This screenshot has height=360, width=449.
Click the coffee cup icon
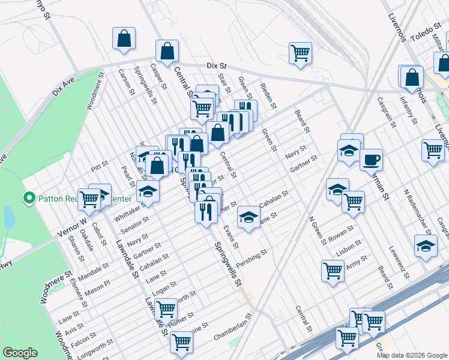[371, 160]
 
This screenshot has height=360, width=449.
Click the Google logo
[20, 353]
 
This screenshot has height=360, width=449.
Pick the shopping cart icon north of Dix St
[300, 52]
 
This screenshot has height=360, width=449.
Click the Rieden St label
[268, 96]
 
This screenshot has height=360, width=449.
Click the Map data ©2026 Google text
[411, 355]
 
